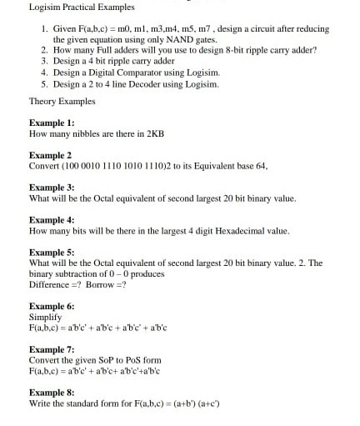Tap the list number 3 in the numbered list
44,61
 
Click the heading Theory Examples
62,101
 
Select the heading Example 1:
52,122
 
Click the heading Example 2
50,155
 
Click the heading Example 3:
52,188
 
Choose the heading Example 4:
52,220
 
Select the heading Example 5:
52,252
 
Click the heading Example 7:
52,349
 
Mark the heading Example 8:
52,392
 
